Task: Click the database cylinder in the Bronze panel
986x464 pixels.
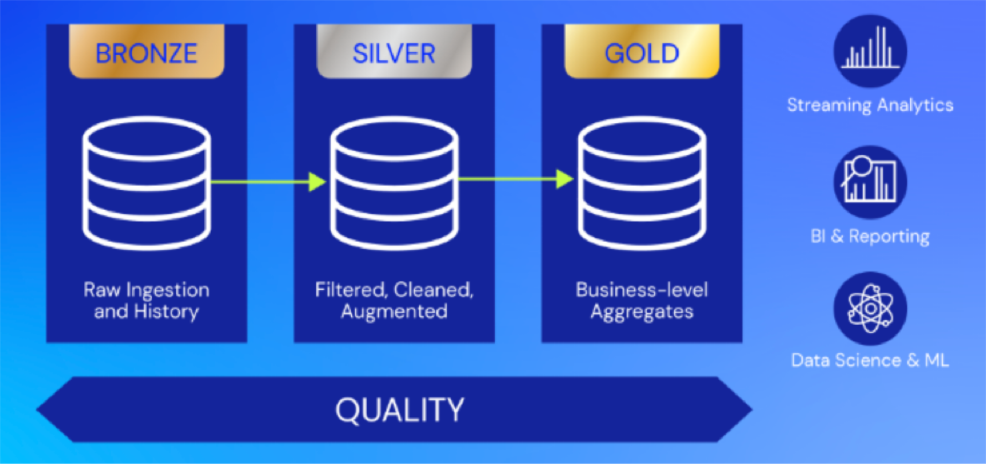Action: click(147, 183)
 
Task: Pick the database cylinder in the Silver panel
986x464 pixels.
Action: click(394, 183)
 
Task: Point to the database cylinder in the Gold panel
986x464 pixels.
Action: click(642, 183)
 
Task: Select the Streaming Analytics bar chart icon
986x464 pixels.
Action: click(870, 51)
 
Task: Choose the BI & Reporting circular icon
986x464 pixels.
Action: click(870, 182)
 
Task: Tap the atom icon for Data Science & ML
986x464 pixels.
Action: click(870, 309)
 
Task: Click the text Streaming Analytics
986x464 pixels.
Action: click(870, 105)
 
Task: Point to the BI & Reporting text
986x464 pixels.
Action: click(870, 237)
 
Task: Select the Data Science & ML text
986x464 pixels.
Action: click(870, 360)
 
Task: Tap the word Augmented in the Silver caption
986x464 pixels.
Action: click(394, 311)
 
